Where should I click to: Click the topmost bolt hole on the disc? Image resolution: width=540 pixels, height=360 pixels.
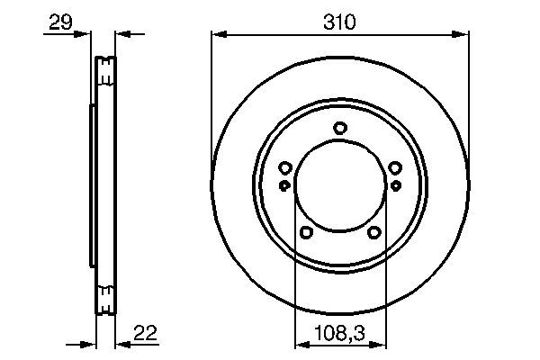coord(339,128)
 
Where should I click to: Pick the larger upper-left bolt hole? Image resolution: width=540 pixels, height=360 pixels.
coord(285,167)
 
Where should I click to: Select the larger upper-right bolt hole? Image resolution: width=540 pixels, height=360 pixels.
coord(394,167)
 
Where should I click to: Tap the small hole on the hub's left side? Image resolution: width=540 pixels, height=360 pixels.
coord(285,185)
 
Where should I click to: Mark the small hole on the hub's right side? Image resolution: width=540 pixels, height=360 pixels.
coord(395,185)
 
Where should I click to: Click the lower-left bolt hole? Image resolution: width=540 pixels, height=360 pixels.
coord(306,233)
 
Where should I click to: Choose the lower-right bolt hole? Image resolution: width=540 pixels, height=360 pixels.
coord(373,233)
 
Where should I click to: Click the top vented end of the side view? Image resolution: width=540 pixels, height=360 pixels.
coord(106,69)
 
